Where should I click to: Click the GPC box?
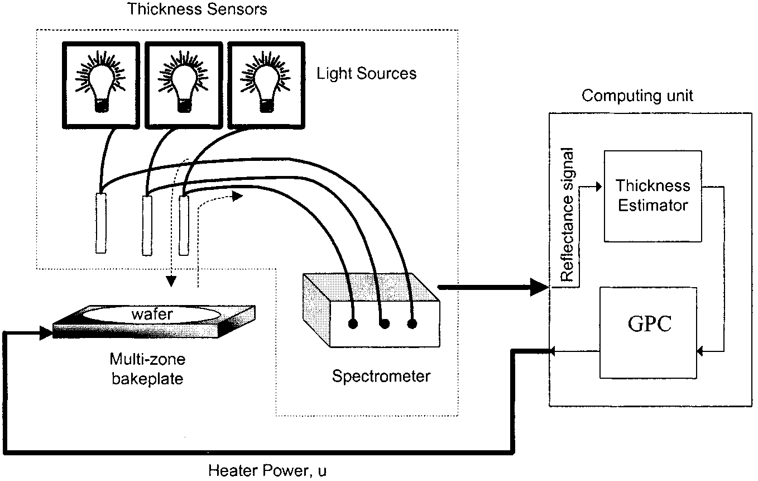(648, 332)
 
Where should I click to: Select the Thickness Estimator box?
(652, 196)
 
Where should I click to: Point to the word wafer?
(152, 315)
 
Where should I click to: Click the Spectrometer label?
(381, 377)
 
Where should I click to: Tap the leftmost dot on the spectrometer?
(353, 323)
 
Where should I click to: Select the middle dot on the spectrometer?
(383, 323)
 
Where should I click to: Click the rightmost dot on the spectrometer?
(412, 323)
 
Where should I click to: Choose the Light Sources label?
(366, 74)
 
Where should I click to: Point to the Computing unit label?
(637, 96)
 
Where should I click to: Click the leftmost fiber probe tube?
(100, 222)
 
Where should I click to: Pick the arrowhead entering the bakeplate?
(46, 334)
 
